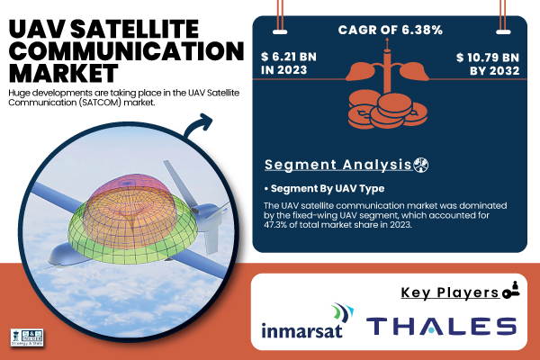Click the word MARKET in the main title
(64, 73)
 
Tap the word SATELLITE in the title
(135, 29)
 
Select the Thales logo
(441, 326)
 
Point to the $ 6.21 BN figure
(289, 57)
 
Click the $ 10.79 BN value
(488, 58)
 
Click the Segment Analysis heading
(338, 165)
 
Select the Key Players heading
(450, 292)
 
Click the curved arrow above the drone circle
(196, 125)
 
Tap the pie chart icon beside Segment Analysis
(421, 165)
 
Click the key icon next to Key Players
(511, 290)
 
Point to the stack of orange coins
(387, 110)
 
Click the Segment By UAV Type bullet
(324, 188)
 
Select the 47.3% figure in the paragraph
(272, 225)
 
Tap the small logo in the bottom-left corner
(27, 337)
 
